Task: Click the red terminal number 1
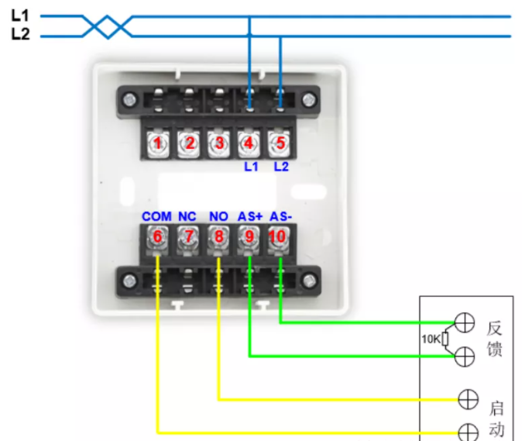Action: pyautogui.click(x=158, y=143)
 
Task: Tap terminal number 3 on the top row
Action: pyautogui.click(x=219, y=143)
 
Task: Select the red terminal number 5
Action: pyautogui.click(x=280, y=143)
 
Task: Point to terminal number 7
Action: pyautogui.click(x=189, y=236)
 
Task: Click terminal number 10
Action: pyautogui.click(x=277, y=236)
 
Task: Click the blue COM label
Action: pyautogui.click(x=156, y=216)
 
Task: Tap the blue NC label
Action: pyautogui.click(x=187, y=216)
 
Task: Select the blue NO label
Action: pyautogui.click(x=218, y=216)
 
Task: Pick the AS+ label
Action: pyautogui.click(x=250, y=216)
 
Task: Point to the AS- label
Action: pyautogui.click(x=280, y=216)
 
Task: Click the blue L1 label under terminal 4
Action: pyautogui.click(x=251, y=167)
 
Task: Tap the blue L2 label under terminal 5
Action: pyautogui.click(x=281, y=167)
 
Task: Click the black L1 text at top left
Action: pyautogui.click(x=20, y=16)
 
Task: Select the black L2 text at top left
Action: pyautogui.click(x=21, y=34)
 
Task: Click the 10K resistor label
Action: pyautogui.click(x=431, y=339)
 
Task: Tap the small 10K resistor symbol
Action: pyautogui.click(x=445, y=339)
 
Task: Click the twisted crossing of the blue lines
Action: pyautogui.click(x=107, y=26)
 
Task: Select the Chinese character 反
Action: pyautogui.click(x=494, y=329)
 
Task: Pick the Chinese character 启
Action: pyautogui.click(x=496, y=408)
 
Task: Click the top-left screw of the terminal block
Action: pyautogui.click(x=129, y=99)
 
